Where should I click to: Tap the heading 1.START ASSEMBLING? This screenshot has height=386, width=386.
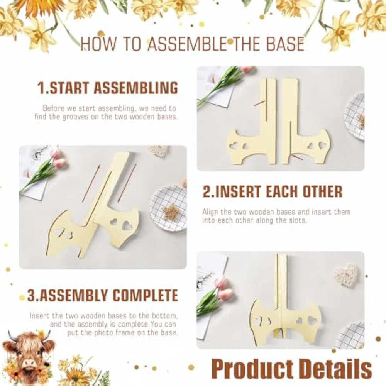click(108, 88)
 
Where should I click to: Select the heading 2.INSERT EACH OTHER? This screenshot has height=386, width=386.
click(273, 191)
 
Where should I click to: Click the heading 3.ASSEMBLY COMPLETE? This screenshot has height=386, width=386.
click(102, 295)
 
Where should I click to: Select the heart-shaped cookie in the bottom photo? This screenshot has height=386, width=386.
click(345, 274)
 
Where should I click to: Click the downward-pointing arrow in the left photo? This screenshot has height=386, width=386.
click(126, 182)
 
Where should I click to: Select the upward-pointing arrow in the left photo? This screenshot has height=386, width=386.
click(91, 183)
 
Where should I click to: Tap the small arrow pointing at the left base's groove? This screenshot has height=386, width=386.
click(259, 103)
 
